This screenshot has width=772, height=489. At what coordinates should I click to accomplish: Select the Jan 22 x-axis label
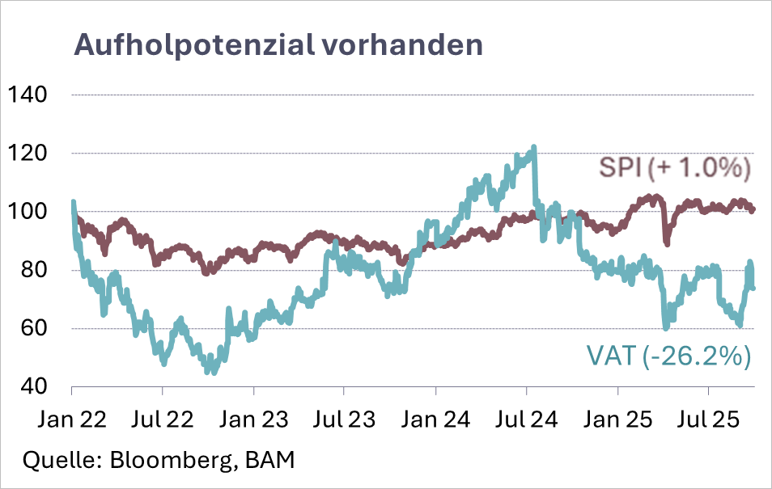pyautogui.click(x=72, y=421)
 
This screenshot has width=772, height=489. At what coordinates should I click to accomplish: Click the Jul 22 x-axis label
pyautogui.click(x=163, y=421)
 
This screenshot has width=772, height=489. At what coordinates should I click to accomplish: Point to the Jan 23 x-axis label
pyautogui.click(x=254, y=421)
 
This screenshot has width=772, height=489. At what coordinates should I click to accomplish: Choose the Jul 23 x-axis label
pyautogui.click(x=344, y=421)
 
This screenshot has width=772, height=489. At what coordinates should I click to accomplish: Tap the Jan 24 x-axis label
pyautogui.click(x=436, y=421)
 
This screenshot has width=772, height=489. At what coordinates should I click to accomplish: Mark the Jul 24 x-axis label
pyautogui.click(x=527, y=421)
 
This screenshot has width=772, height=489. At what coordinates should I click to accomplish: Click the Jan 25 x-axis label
pyautogui.click(x=618, y=421)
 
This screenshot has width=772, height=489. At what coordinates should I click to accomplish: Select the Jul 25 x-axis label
pyautogui.click(x=709, y=421)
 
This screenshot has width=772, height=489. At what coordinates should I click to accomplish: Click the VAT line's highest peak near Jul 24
pyautogui.click(x=533, y=148)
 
